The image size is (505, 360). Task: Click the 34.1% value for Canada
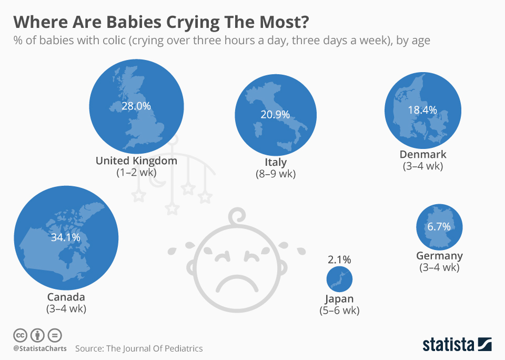[65, 237]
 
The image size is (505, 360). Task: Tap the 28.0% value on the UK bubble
[136, 106]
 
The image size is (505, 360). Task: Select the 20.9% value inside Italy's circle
[275, 114]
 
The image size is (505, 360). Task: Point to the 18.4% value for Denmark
[422, 110]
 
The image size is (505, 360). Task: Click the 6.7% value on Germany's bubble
[439, 227]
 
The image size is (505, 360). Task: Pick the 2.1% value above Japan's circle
[339, 259]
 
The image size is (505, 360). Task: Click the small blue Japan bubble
[339, 279]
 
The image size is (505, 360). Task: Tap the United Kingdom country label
[136, 161]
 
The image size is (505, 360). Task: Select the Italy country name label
[276, 162]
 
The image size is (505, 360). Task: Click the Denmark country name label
[423, 154]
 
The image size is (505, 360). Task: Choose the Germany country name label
[439, 256]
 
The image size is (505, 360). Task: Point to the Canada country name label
[66, 297]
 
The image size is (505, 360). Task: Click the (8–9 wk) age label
[276, 174]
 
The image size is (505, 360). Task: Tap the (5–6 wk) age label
[339, 311]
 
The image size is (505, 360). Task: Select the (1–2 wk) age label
[136, 172]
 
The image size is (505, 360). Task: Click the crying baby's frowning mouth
[235, 284]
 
